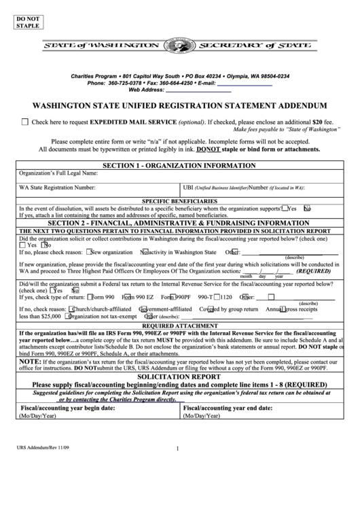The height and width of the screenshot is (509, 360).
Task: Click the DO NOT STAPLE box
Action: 27,21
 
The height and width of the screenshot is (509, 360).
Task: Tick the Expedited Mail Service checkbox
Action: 25,122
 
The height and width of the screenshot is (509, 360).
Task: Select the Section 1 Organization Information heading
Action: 179,166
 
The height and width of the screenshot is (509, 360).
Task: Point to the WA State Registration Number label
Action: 57,187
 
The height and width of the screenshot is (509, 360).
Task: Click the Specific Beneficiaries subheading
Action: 179,201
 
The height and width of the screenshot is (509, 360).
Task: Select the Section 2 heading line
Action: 179,222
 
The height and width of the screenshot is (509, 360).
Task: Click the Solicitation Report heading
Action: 179,376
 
